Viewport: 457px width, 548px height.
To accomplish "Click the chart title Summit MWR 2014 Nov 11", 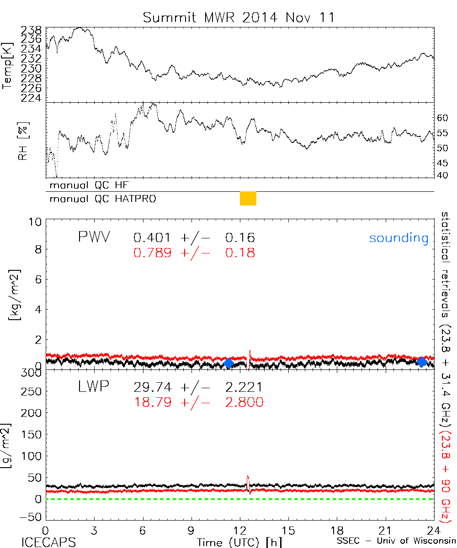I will (239, 17).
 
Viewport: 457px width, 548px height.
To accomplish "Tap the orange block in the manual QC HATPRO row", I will (248, 199).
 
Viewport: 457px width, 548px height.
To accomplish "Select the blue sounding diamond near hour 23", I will (422, 362).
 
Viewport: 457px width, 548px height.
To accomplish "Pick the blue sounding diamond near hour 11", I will (229, 364).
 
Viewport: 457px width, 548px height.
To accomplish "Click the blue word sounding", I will (399, 238).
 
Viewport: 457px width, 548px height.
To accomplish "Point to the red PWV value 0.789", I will (152, 253).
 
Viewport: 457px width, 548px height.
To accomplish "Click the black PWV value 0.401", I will (152, 238).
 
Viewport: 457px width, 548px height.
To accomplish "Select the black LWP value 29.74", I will (152, 388).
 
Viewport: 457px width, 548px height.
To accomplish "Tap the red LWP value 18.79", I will (152, 402).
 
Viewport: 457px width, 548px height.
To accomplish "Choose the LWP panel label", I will (93, 387).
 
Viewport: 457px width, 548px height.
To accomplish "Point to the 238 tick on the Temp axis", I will (31, 30).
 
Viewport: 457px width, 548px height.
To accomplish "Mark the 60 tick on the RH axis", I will (442, 118).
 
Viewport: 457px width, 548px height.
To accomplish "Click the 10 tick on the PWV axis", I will (37, 221).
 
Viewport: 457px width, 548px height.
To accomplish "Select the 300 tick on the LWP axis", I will (33, 373).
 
